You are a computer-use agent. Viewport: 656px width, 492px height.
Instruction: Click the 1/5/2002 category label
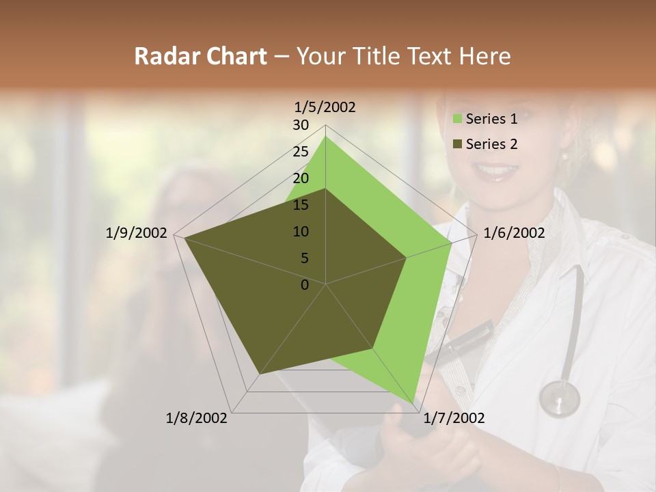325,107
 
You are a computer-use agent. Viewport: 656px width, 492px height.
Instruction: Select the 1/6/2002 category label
514,233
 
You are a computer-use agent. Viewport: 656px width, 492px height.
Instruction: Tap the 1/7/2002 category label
454,418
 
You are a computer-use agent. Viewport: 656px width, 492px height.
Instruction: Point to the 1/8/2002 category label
197,418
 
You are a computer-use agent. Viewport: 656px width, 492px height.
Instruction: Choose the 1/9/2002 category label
137,233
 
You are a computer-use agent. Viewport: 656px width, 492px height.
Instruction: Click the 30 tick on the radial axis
301,125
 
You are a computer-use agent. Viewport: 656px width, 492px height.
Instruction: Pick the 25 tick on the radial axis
301,152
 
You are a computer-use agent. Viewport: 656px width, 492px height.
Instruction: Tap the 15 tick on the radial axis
301,205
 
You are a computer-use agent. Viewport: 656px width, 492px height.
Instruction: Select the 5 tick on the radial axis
304,258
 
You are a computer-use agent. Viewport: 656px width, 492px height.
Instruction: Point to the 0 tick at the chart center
305,285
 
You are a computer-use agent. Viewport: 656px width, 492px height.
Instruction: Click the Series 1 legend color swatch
459,120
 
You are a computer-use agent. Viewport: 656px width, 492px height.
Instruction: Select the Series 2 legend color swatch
459,144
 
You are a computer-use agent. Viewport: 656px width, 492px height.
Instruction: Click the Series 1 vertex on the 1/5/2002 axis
325,137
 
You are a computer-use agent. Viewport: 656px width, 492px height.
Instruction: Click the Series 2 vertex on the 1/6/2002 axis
406,258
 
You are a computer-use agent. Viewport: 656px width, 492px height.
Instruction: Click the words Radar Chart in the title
200,57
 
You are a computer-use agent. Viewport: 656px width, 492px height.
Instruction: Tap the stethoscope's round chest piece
559,398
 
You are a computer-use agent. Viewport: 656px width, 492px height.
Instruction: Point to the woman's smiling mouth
497,171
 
